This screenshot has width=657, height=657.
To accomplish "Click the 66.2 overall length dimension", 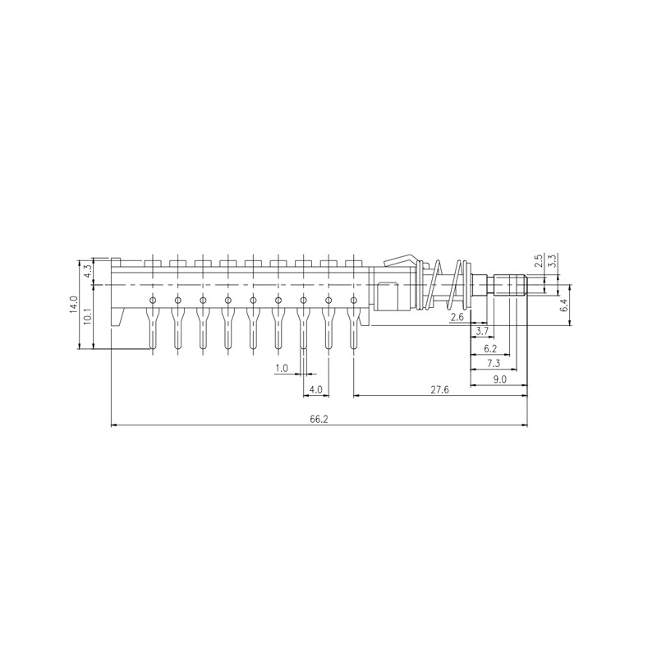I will (x=319, y=419).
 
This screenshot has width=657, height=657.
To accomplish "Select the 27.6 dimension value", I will (x=439, y=390).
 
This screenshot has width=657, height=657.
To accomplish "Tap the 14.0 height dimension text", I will (x=74, y=306).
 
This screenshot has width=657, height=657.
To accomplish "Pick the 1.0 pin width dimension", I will (x=282, y=369).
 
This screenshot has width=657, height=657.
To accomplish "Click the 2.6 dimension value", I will (x=457, y=316).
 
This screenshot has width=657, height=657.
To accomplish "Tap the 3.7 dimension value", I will (x=483, y=331).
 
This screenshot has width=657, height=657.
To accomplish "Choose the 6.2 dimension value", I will (x=489, y=348).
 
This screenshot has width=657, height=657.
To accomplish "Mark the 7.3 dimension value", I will (x=494, y=363).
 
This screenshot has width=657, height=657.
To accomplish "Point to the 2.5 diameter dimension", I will (x=538, y=262).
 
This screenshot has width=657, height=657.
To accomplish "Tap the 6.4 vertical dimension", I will (x=563, y=306).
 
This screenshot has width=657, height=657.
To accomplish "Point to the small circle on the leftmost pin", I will (x=152, y=300).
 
